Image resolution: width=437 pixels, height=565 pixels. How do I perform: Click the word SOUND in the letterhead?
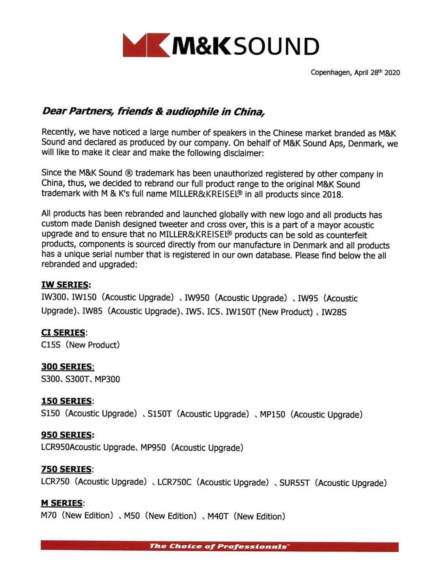tap(276, 46)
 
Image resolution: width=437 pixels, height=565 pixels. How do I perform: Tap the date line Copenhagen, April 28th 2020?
tap(355, 73)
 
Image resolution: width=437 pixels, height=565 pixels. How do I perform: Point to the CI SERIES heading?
tap(64, 332)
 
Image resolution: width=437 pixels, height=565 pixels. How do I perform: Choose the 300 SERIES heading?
tap(67, 367)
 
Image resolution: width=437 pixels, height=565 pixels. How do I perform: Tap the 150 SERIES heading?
tap(67, 401)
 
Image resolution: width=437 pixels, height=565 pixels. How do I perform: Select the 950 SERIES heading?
tap(67, 435)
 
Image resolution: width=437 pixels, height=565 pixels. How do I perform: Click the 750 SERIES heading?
tap(67, 470)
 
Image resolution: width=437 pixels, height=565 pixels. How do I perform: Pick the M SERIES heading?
tap(62, 504)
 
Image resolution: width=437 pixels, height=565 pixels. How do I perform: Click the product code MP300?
tap(107, 379)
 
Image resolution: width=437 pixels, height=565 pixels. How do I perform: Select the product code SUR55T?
tap(295, 483)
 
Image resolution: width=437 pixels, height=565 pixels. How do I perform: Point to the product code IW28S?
tap(334, 312)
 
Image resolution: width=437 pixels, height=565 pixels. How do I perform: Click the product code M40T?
tap(218, 516)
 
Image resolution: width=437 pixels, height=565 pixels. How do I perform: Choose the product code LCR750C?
tap(174, 482)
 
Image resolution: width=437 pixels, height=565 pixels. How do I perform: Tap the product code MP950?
tap(153, 448)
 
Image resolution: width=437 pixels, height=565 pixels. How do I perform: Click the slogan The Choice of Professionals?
tap(219, 546)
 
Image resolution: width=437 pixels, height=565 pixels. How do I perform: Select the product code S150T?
tap(159, 414)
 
